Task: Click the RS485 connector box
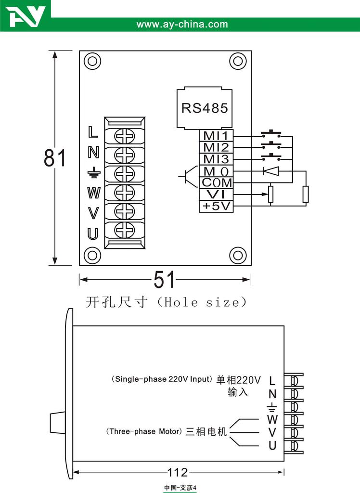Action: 204,108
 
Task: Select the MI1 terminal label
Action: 215,136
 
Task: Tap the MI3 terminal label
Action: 215,159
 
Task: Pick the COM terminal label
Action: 216,183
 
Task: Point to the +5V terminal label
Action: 216,207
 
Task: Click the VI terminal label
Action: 216,195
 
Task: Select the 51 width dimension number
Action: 165,279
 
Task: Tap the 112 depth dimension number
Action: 178,472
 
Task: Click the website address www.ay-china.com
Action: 182,24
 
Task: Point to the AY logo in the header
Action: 27,17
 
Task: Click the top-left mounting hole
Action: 91,62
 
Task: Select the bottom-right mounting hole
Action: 237,255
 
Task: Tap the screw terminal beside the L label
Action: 124,136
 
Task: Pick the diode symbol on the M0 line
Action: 270,171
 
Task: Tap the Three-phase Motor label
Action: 144,431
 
